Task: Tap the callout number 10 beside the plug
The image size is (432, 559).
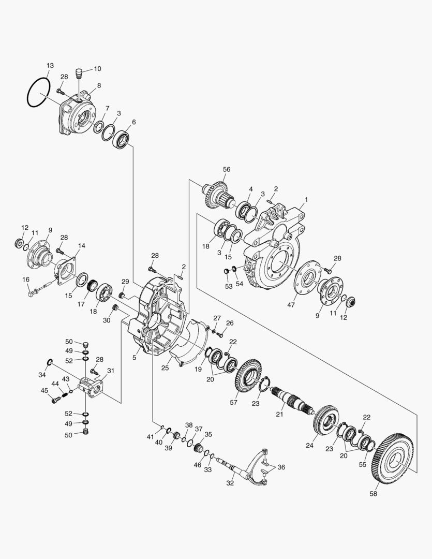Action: point(97,69)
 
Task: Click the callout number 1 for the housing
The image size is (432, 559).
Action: point(306,199)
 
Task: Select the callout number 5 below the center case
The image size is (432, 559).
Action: point(134,357)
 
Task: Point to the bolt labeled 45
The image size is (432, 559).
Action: point(54,399)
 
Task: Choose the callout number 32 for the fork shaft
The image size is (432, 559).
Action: point(230,483)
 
